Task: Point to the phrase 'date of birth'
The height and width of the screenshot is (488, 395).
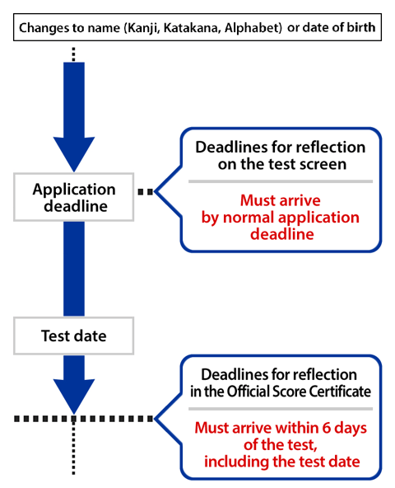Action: click(x=337, y=28)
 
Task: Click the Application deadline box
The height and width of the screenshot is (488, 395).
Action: click(x=74, y=197)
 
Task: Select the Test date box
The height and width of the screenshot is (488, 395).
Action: click(x=74, y=335)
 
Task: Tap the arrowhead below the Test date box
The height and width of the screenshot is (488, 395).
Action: click(x=74, y=391)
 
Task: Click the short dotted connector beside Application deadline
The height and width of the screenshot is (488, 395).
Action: click(x=145, y=191)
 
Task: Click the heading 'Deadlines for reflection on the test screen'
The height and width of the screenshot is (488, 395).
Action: click(x=281, y=156)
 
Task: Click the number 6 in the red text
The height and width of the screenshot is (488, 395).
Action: click(x=334, y=429)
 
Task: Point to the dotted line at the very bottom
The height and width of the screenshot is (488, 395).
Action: click(x=74, y=453)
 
